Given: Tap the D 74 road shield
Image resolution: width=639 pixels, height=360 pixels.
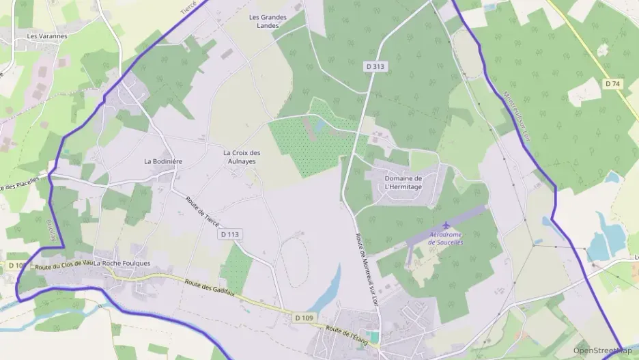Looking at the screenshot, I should pos(612,83).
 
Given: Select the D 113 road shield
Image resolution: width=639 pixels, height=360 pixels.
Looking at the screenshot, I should pos(230,234).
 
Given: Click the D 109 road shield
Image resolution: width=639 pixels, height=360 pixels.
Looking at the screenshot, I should pos(304,318).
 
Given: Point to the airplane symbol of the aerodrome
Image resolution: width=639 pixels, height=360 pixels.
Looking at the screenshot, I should pos(446,225).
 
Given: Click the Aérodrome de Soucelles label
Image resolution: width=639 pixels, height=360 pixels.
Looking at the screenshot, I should pos(446,238).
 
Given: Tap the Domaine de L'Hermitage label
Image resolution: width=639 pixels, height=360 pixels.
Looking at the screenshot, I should pos(403,182).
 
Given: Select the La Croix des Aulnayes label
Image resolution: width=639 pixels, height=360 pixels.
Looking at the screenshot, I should pos(242,156).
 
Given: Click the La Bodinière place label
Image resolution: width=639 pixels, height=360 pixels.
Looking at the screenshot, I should pos(162,161).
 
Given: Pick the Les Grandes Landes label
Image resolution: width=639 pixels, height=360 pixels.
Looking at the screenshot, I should pos(268,21).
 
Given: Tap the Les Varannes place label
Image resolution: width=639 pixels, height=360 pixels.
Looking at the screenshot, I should pos(46,36).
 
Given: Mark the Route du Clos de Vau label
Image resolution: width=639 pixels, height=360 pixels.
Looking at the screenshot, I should pos(63,264).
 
